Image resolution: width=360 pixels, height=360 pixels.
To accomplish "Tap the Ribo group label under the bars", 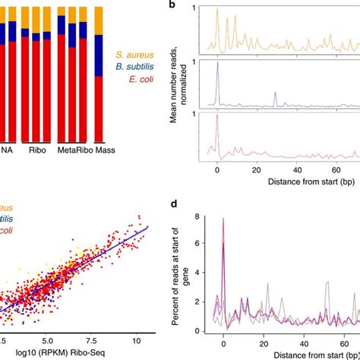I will click(36, 151).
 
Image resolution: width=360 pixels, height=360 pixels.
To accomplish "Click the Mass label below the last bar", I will click(103, 151).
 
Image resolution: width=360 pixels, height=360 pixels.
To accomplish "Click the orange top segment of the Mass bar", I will click(98, 18).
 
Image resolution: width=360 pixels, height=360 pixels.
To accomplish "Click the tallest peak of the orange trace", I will click(217, 9).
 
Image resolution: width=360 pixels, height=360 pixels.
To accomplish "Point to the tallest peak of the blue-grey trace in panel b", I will click(217, 64).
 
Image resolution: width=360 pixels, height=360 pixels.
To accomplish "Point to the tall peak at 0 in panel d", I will click(223, 220).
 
